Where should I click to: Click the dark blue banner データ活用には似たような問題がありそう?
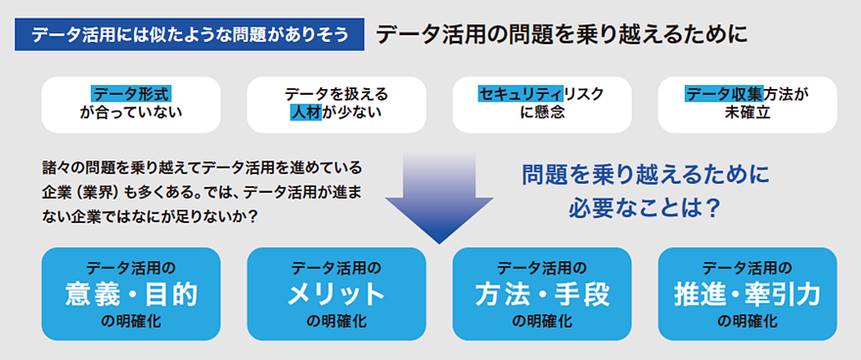tap(190, 34)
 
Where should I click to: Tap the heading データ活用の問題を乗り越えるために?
tap(562, 34)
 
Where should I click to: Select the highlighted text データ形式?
tap(131, 94)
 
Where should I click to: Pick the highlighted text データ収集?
tap(724, 94)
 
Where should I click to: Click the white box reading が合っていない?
tap(131, 105)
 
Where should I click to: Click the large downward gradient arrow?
tap(438, 198)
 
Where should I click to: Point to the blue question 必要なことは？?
tap(644, 208)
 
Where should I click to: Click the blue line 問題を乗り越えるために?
tap(645, 176)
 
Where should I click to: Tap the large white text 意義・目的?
tap(131, 295)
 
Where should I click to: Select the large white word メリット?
tap(337, 295)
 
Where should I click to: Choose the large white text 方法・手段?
tap(542, 295)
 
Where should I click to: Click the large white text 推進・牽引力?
tap(748, 295)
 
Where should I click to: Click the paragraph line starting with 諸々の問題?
tap(202, 165)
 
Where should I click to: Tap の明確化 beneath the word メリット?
tap(337, 321)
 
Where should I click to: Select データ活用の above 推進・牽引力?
tap(748, 268)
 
